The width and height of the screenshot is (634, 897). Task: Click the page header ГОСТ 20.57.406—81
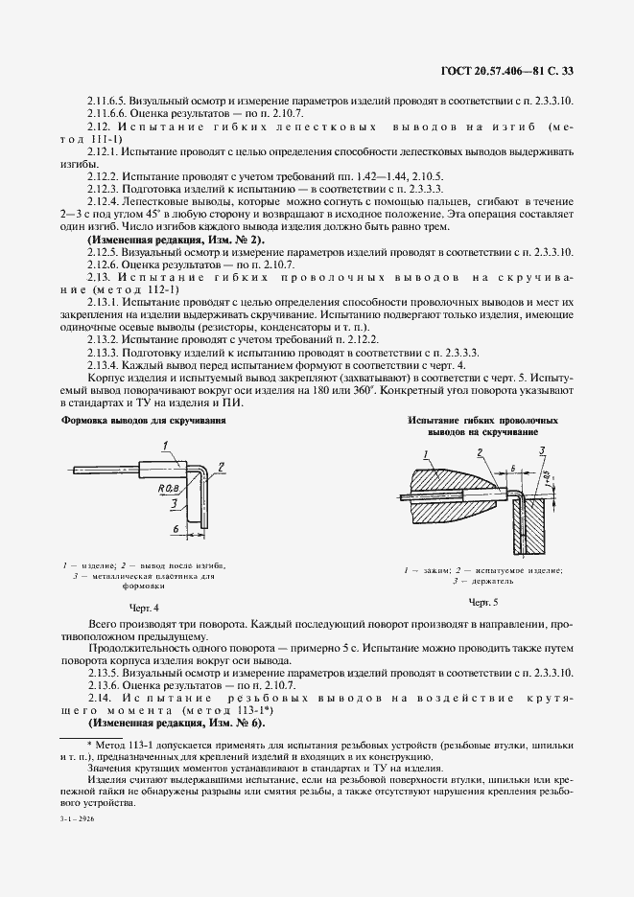pos(522,69)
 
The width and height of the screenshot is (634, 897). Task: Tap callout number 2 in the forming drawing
pos(221,466)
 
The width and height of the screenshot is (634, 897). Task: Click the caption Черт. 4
pos(143,607)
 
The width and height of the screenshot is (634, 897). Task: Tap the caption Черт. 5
pos(483,601)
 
